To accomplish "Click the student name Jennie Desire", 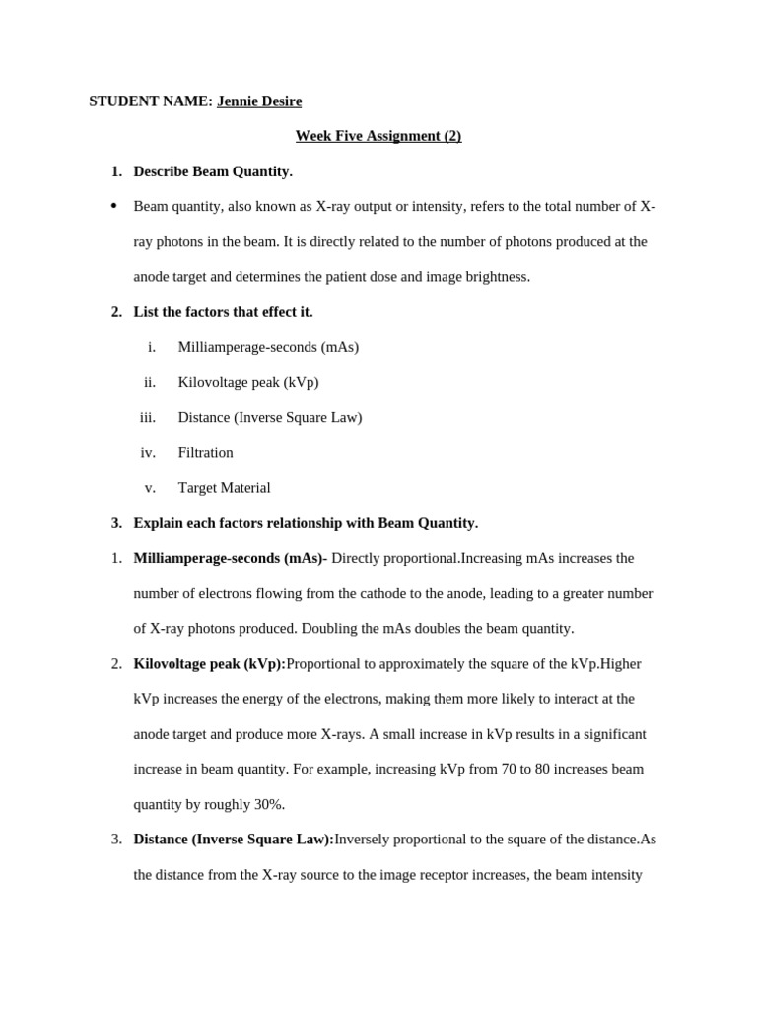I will point(259,101).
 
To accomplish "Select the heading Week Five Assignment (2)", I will point(378,136).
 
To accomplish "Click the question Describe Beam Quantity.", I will point(213,171).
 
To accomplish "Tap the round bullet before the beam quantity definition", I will point(114,206).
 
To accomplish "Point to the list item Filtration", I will point(205,452).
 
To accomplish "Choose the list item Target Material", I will point(224,487).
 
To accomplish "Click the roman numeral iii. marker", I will point(148,417).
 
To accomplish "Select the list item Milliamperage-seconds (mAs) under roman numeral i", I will point(268,347).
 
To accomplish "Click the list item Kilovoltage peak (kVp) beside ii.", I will point(248,382).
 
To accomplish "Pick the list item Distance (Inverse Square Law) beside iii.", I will point(270,417).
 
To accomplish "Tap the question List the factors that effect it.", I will point(223,311).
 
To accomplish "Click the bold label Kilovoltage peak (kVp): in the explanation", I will point(209,663).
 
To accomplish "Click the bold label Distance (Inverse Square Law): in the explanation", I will point(234,839).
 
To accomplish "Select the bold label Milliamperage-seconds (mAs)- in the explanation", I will point(230,558).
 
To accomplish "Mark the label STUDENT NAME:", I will point(151,101).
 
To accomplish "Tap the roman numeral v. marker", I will point(150,487).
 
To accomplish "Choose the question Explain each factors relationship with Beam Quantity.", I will point(306,522).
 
